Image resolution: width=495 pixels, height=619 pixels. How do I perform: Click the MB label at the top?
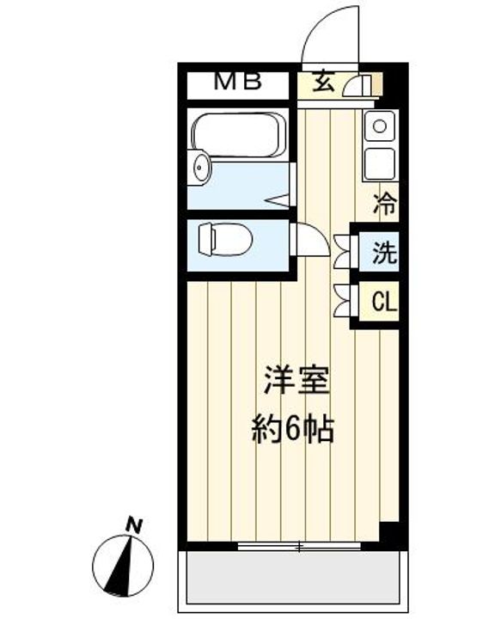tap(238, 83)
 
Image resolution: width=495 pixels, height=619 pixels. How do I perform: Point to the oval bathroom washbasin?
tap(200, 168)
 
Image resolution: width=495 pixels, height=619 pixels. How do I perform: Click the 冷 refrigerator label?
tap(386, 205)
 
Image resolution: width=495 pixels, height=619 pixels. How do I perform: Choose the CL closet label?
tap(383, 302)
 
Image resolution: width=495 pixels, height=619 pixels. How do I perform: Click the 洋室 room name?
tap(297, 380)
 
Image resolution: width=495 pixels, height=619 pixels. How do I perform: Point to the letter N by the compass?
tap(132, 522)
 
